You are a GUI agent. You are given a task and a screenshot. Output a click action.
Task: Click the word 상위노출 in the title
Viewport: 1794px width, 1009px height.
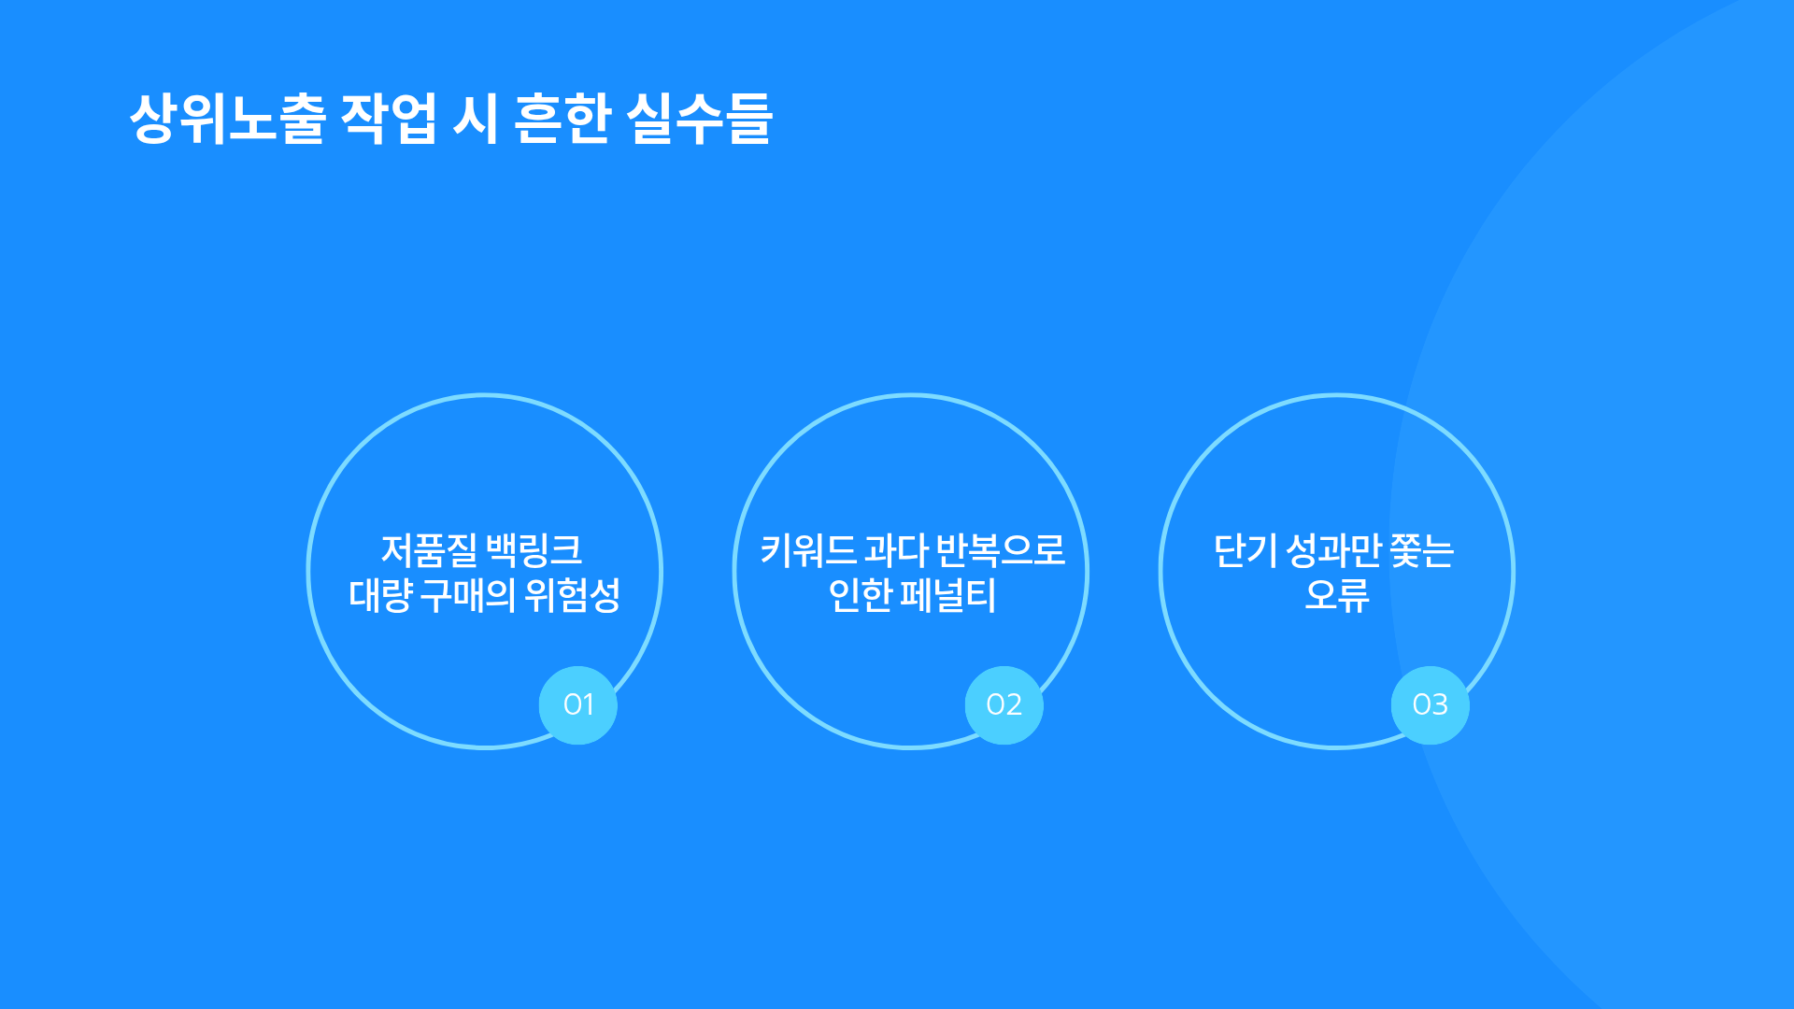pyautogui.click(x=228, y=119)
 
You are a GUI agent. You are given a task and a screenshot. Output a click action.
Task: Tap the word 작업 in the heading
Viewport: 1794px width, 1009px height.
pyautogui.click(x=388, y=119)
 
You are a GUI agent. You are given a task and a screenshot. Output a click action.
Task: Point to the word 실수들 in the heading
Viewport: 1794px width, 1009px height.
pyautogui.click(x=700, y=119)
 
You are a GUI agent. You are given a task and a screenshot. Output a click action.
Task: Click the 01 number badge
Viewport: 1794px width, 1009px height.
pyautogui.click(x=578, y=705)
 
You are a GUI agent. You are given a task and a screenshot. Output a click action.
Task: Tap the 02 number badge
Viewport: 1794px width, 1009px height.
pyautogui.click(x=1004, y=705)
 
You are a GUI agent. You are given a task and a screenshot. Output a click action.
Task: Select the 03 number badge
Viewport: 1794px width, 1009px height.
pyautogui.click(x=1431, y=705)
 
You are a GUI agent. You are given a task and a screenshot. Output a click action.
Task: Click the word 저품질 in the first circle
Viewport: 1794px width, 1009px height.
pyautogui.click(x=429, y=550)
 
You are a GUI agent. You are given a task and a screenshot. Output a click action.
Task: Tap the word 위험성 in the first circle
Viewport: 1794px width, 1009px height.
pyautogui.click(x=573, y=595)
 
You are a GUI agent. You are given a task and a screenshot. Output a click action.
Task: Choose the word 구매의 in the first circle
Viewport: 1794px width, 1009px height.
pyautogui.click(x=467, y=595)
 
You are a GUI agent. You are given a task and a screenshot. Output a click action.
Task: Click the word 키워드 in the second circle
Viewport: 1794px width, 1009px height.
pyautogui.click(x=808, y=550)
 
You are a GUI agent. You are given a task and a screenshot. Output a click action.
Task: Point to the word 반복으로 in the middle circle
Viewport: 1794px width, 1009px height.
pyautogui.click(x=1001, y=550)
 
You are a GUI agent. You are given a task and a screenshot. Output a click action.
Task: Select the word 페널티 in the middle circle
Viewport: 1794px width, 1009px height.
pyautogui.click(x=948, y=595)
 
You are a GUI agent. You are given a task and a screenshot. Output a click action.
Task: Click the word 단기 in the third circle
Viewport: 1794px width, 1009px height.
pyautogui.click(x=1246, y=550)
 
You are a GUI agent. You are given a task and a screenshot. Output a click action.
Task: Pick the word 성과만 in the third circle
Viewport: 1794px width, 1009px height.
pyautogui.click(x=1334, y=550)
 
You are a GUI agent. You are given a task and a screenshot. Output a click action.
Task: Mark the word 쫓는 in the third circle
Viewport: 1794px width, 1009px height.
pyautogui.click(x=1423, y=550)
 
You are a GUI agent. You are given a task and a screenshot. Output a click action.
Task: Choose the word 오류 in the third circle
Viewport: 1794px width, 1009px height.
pyautogui.click(x=1337, y=595)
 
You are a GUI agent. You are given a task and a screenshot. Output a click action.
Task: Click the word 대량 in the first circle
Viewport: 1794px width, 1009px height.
pyautogui.click(x=380, y=595)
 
